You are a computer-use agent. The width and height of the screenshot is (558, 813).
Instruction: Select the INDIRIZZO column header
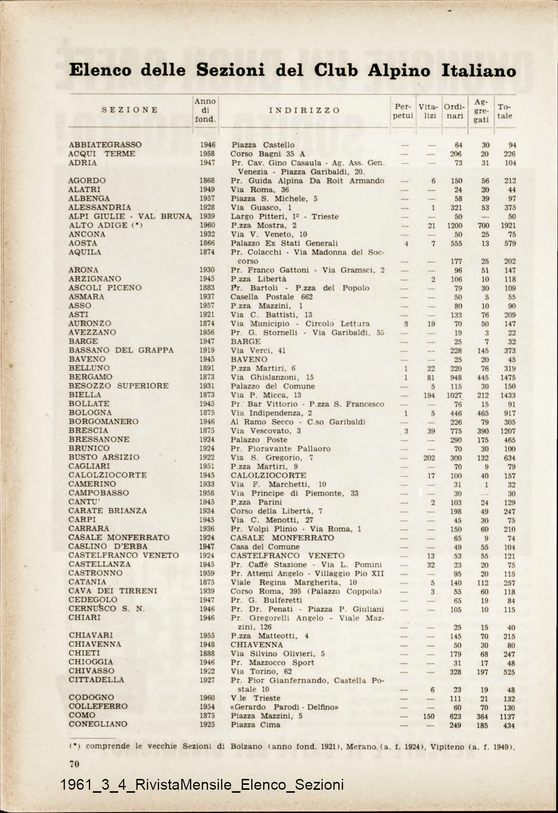point(304,110)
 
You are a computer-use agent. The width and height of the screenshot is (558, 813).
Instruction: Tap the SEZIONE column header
point(130,110)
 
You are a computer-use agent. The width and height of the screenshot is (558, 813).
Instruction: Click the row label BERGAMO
point(91,377)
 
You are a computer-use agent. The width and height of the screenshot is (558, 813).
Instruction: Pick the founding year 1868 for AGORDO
point(207,181)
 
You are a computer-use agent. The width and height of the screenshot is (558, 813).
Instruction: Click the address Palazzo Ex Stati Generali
point(284,243)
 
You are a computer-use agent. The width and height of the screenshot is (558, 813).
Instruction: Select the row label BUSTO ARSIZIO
point(104,457)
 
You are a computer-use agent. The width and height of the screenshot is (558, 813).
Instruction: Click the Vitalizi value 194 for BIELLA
point(429,395)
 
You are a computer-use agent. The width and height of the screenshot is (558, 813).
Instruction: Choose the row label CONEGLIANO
point(98,724)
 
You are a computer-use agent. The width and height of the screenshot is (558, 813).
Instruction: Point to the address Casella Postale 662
point(272,297)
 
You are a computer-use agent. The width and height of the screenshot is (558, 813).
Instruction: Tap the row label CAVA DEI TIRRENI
point(113,591)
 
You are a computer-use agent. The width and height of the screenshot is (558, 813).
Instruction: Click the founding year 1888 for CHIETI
point(207,653)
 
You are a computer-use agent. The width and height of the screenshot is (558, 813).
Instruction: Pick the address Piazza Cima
point(255,725)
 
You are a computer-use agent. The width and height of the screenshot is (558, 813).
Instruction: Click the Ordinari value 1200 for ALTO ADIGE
point(455,226)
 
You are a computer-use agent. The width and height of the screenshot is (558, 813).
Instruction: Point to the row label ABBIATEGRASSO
point(105,145)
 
